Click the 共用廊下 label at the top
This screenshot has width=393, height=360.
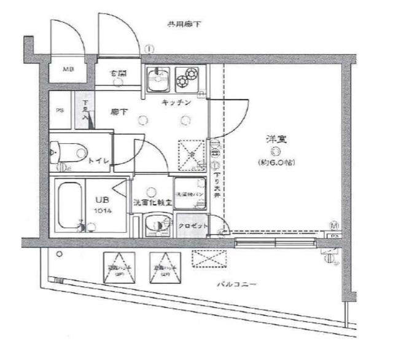[x=184, y=24]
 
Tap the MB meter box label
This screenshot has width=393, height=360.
[x=68, y=69]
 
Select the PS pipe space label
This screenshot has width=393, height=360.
[x=60, y=111]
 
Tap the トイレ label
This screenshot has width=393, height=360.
[x=98, y=160]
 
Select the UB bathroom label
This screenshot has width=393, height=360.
[x=102, y=199]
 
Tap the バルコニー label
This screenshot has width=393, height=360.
[x=236, y=285]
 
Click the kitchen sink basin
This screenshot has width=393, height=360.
[x=159, y=80]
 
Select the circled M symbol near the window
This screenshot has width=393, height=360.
[x=334, y=225]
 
